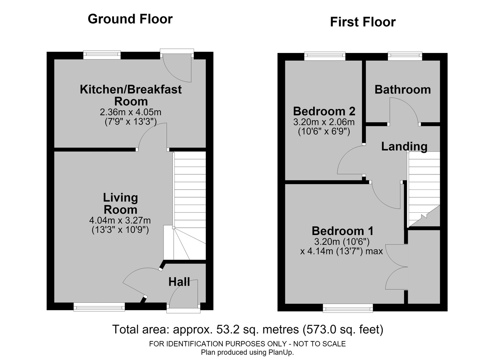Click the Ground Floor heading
tap(130, 19)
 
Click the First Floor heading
tap(363, 22)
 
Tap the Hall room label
tap(179, 282)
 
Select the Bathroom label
tap(403, 90)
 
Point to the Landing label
tap(405, 147)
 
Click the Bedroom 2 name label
tap(324, 111)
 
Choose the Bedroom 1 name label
tap(343, 231)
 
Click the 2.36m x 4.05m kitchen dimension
tap(131, 112)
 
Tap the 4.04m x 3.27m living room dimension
tap(120, 220)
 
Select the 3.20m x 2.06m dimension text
tap(324, 122)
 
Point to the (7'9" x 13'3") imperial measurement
tap(131, 122)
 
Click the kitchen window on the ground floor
tap(102, 55)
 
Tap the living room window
tap(99, 307)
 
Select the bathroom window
tap(405, 56)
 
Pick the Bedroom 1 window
tap(348, 308)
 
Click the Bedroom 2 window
tap(325, 56)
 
